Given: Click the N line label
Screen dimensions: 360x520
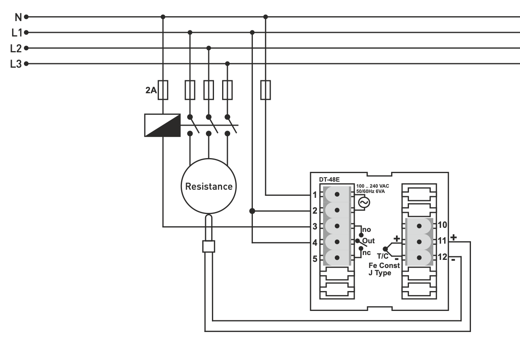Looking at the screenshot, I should [x=17, y=17].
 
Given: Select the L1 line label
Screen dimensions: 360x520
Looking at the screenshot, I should [x=16, y=32].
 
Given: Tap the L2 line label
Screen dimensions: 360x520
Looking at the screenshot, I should [x=16, y=48].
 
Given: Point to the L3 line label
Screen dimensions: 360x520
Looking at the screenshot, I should [x=16, y=64].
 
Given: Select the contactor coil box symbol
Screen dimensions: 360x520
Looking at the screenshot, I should [x=162, y=125].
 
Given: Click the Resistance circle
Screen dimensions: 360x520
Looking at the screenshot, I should [x=209, y=186].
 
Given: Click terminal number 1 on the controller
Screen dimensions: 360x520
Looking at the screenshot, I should [x=315, y=195].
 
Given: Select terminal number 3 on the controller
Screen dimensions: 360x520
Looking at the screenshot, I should [x=315, y=227].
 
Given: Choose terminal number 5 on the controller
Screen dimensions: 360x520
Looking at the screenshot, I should [x=315, y=258].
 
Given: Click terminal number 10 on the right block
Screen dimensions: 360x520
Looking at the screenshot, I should [x=442, y=225].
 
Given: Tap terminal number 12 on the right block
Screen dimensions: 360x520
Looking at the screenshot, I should [x=442, y=257].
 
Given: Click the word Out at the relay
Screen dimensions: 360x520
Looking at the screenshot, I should [x=368, y=240].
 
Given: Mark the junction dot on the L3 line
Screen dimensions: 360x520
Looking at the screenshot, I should [x=227, y=64].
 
